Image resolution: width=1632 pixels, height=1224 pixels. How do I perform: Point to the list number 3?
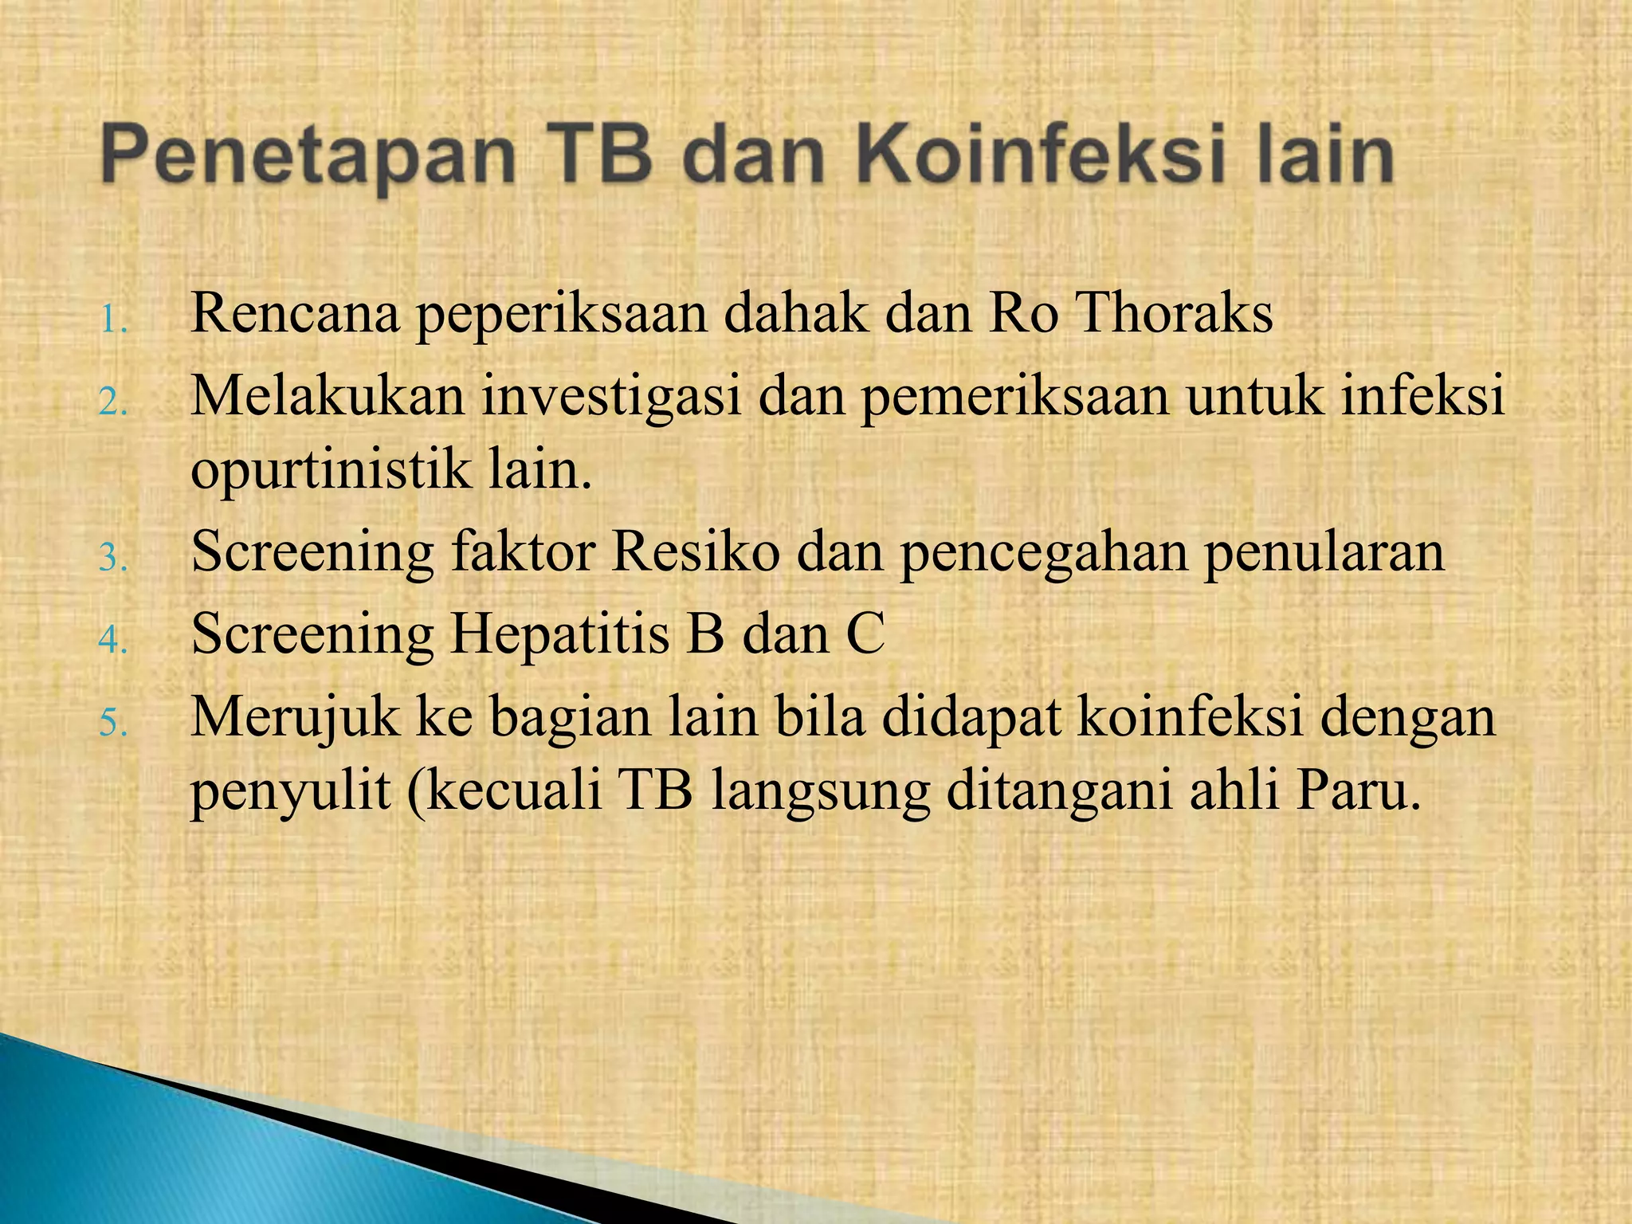pyautogui.click(x=113, y=559)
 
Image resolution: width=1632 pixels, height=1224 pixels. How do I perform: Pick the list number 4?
pyautogui.click(x=113, y=640)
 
